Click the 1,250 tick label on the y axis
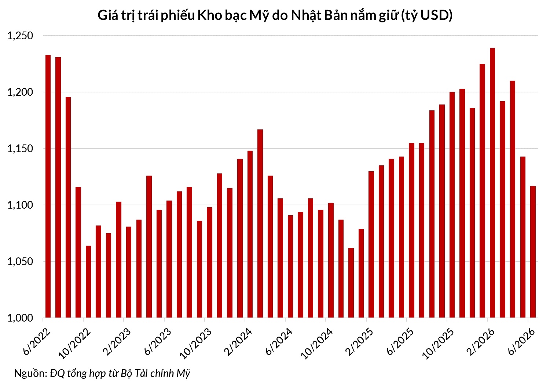point(20,36)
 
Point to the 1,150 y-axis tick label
point(20,149)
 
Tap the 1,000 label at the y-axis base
point(20,318)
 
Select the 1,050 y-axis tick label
point(20,261)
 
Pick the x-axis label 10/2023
point(196,344)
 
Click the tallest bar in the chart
point(492,183)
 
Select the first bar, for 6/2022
point(48,186)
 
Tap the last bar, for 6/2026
point(533,252)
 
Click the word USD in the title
point(434,15)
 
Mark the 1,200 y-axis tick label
point(20,92)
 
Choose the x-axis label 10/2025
point(438,344)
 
